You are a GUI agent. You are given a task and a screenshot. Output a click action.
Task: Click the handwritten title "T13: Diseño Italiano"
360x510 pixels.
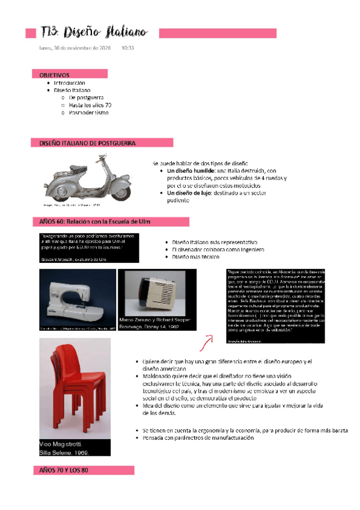tap(96, 32)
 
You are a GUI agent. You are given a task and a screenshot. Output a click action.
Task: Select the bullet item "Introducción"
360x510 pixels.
tap(70, 82)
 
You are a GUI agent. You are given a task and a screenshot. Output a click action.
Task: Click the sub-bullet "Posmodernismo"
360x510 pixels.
tap(88, 112)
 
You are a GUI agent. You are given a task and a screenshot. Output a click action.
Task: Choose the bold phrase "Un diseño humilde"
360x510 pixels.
tap(191, 171)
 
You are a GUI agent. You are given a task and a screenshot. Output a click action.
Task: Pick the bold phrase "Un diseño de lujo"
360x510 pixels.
tap(191, 193)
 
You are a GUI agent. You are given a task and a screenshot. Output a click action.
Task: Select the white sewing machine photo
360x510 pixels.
tap(77, 297)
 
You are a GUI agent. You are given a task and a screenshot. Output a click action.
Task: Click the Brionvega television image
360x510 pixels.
tap(156, 292)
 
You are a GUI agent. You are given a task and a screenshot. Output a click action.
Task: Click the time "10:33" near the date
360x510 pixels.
tap(127, 48)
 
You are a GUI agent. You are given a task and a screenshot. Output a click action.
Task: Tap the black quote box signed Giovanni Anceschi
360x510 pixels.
tap(89, 247)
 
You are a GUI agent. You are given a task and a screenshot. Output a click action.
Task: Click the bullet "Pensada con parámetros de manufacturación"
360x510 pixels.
tap(198, 438)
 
